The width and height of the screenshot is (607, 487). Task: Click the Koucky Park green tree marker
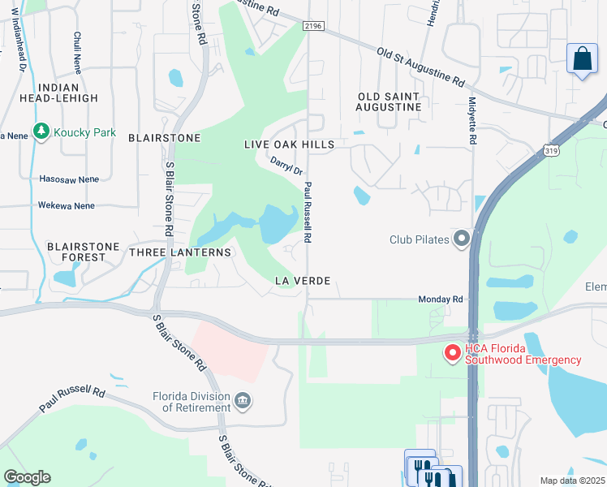(x=40, y=131)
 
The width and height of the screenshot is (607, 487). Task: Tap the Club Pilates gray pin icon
(x=463, y=239)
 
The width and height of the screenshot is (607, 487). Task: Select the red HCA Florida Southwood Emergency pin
(x=452, y=353)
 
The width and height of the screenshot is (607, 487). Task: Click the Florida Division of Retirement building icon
(x=242, y=400)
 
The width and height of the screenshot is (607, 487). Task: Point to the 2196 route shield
(x=313, y=27)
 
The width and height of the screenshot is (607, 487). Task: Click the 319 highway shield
(x=552, y=150)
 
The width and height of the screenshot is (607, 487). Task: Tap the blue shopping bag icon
(x=582, y=59)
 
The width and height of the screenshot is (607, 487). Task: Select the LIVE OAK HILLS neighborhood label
(x=290, y=144)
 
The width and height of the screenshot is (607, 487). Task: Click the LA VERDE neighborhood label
(x=302, y=281)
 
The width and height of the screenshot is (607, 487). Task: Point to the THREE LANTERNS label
(x=180, y=252)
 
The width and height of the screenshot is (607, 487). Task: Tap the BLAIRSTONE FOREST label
(x=83, y=252)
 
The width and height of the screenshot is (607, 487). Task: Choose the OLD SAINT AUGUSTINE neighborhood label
(x=390, y=101)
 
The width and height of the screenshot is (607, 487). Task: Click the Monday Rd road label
(x=440, y=300)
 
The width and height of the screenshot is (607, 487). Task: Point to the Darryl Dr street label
(x=286, y=166)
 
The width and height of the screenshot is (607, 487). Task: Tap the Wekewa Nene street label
(x=67, y=205)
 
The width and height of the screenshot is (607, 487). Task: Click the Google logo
(x=27, y=477)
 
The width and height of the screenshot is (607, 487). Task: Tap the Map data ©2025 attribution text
(x=573, y=481)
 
